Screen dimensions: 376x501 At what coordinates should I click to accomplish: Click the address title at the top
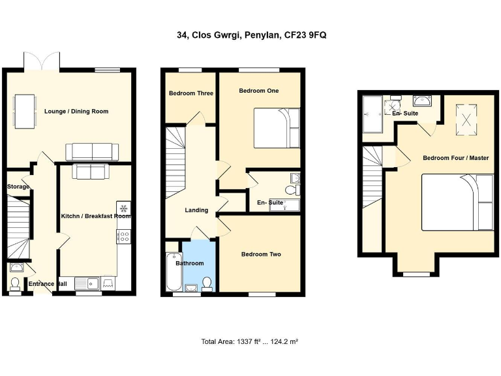tap(251, 35)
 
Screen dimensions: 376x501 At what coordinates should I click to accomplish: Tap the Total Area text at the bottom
tap(250, 341)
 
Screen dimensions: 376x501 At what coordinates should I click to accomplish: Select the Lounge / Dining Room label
tap(76, 112)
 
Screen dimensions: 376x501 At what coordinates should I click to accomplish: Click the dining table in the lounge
tap(25, 111)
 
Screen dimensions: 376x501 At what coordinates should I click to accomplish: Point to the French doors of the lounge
tap(42, 63)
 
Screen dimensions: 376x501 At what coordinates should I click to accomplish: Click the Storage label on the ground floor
tap(18, 187)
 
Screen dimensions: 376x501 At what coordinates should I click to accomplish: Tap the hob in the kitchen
tap(123, 236)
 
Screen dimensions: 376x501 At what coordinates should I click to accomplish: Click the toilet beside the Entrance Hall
tap(16, 283)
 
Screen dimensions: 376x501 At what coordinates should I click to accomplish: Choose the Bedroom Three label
tap(191, 93)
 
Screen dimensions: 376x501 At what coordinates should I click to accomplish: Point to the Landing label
tap(196, 210)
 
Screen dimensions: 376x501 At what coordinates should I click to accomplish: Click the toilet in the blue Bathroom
tap(207, 283)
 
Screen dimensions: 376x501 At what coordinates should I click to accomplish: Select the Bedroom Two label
tap(261, 254)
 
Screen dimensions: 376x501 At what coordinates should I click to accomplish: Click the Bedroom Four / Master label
tap(455, 158)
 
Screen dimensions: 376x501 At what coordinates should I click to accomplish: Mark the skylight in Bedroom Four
tap(466, 119)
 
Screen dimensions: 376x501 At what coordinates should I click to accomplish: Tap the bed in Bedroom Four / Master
tap(457, 202)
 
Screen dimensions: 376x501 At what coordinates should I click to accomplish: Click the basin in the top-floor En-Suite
tap(422, 101)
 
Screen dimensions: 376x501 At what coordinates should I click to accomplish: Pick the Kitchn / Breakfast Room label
tap(96, 216)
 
